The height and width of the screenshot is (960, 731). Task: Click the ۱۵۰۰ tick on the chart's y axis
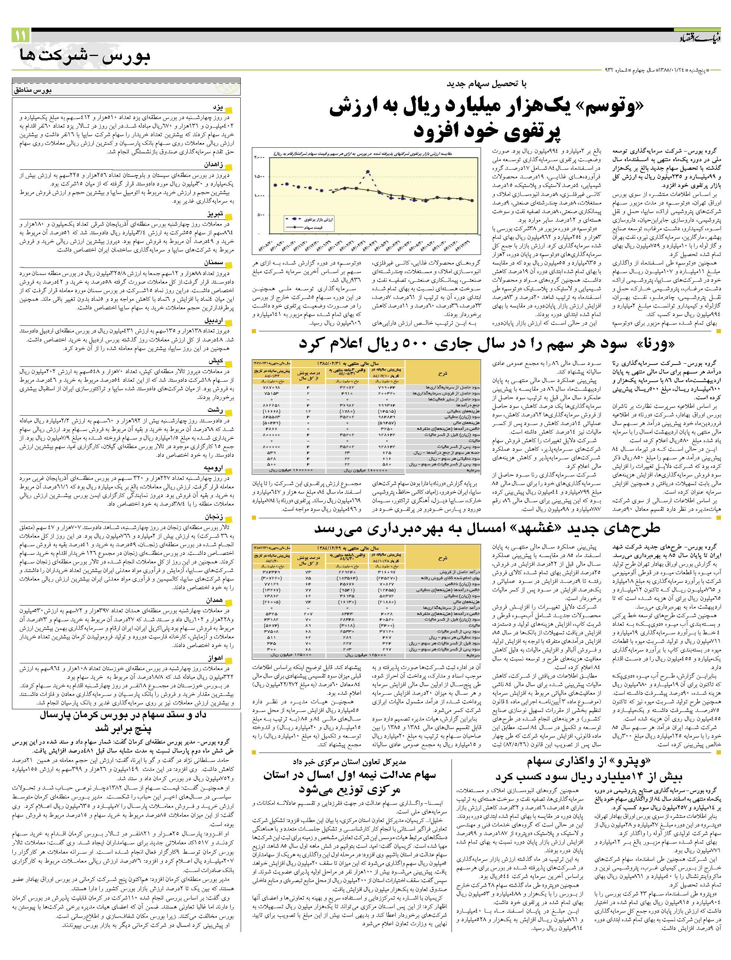pyautogui.click(x=260, y=176)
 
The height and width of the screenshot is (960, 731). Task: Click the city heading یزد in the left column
pyautogui.click(x=218, y=108)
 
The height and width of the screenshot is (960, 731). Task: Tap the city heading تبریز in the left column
pyautogui.click(x=215, y=215)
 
